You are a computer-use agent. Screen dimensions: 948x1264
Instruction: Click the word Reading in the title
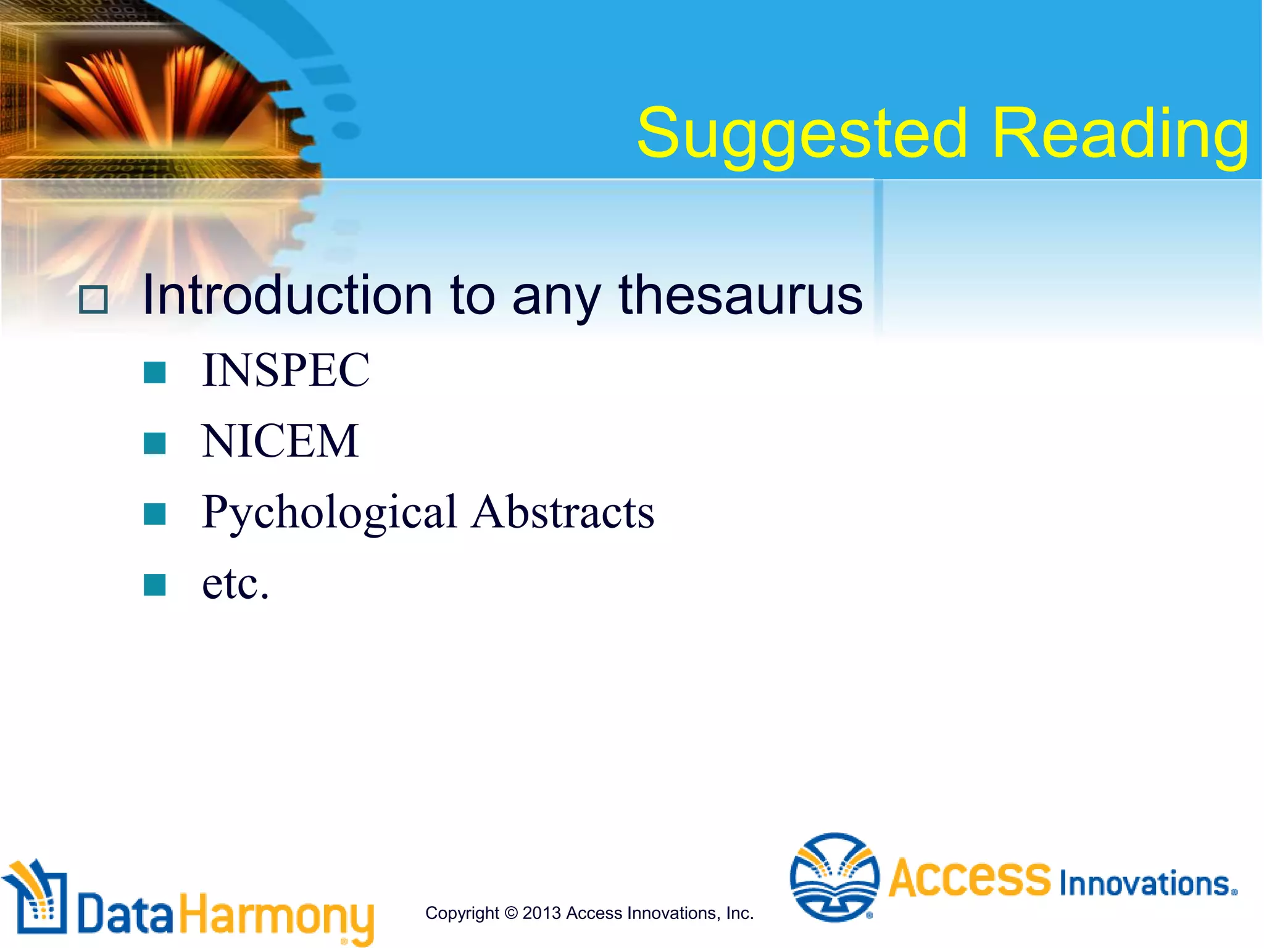1120,133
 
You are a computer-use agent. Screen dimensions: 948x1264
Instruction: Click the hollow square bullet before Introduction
94,300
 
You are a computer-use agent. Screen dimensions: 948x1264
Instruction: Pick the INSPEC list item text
286,370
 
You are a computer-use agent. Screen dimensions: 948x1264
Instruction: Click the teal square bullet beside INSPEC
154,372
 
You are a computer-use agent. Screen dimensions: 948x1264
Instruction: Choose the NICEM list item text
280,441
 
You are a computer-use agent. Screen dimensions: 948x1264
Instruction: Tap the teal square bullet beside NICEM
154,443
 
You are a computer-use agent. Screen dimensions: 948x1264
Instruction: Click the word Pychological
329,512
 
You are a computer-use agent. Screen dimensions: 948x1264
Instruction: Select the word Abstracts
562,512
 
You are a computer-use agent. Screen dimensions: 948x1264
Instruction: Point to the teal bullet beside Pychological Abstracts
154,513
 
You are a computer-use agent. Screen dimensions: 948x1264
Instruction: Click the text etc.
235,583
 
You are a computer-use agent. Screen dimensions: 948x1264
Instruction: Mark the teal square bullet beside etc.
154,584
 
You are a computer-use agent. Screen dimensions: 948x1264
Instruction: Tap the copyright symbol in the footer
511,913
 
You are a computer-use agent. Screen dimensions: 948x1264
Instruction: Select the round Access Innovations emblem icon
834,877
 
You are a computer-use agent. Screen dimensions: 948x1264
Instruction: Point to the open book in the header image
154,93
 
